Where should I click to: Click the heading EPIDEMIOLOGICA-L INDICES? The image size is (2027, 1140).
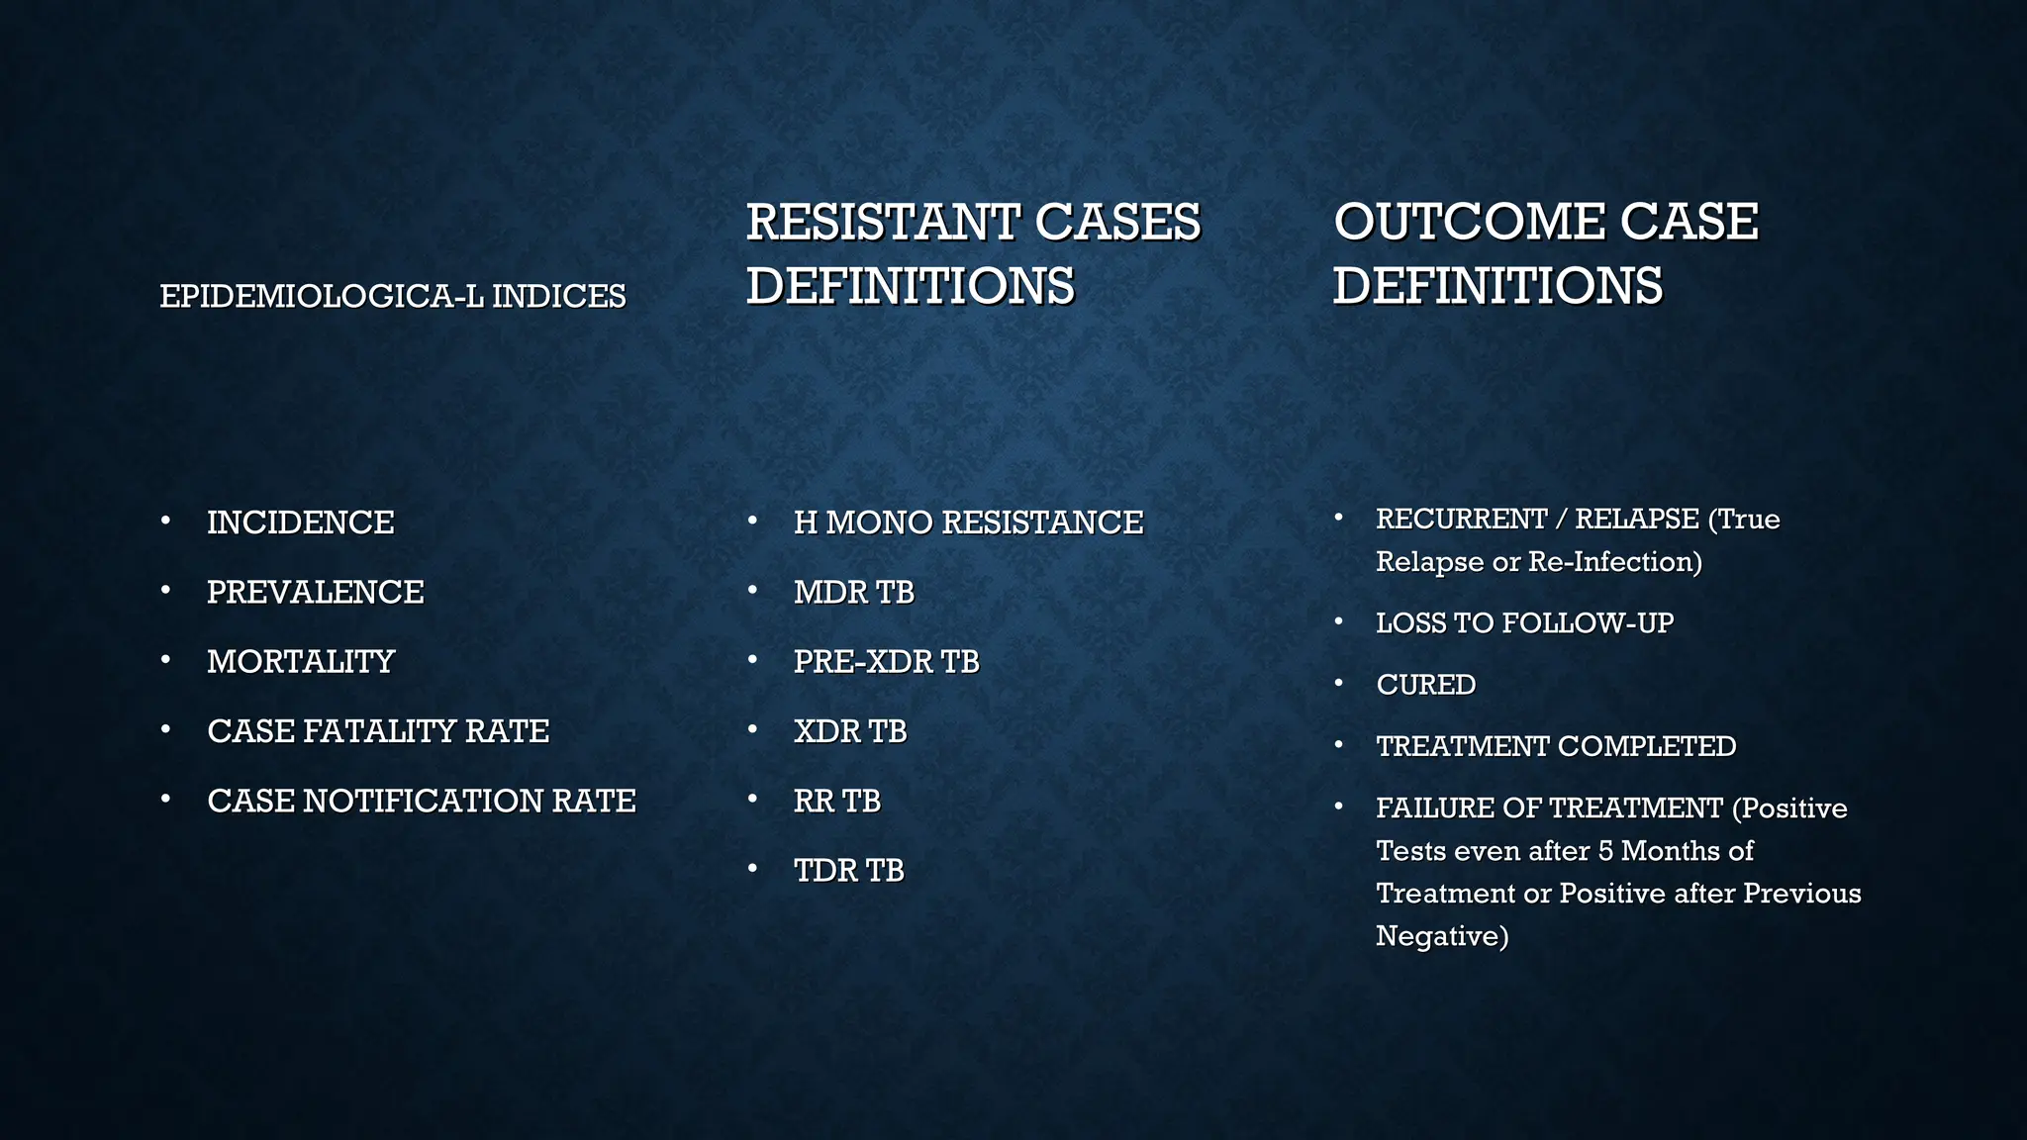click(393, 296)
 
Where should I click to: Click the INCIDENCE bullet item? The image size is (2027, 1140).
click(300, 522)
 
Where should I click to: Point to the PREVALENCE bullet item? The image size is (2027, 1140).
click(315, 592)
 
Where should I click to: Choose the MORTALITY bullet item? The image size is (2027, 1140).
click(300, 661)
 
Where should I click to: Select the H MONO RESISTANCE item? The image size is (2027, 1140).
click(968, 522)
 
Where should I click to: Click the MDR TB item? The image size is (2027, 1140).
click(853, 592)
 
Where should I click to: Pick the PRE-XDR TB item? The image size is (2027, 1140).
click(886, 661)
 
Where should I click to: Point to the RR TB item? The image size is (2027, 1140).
click(836, 801)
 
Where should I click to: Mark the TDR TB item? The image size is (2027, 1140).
click(848, 871)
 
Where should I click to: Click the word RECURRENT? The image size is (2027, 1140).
click(1462, 519)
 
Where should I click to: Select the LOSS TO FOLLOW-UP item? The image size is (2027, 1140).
click(1524, 623)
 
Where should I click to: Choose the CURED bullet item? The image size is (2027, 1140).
click(1425, 685)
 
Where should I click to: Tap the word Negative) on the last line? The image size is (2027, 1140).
click(1442, 936)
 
